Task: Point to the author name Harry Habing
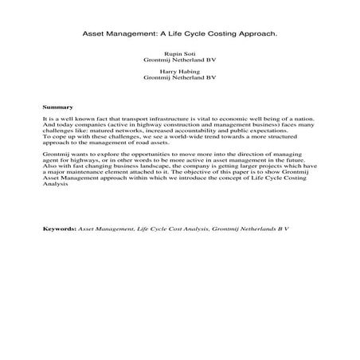click(x=180, y=72)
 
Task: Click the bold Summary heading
click(x=57, y=106)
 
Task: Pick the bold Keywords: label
click(x=59, y=229)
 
